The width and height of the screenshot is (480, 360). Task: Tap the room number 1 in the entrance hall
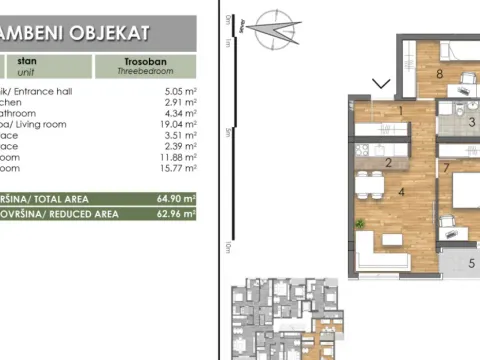tap(399, 110)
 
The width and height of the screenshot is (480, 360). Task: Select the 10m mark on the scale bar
tap(229, 245)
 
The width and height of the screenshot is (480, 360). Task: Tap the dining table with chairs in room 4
tap(369, 184)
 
